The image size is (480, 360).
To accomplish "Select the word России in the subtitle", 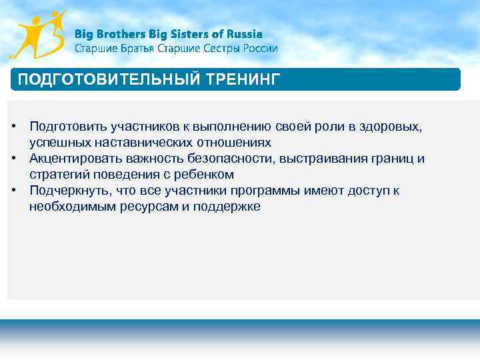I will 259,49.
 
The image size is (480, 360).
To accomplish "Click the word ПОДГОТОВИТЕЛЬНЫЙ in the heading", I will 107,80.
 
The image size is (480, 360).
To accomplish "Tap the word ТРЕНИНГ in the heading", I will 244,80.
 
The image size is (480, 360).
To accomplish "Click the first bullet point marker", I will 13,127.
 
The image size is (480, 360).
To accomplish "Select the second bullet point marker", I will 13,159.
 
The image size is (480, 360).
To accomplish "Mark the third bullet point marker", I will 13,191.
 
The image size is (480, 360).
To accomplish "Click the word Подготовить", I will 69,127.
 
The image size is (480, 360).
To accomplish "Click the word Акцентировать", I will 75,159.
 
